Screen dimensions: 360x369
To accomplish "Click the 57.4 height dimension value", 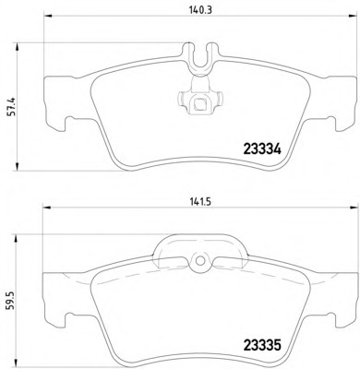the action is [x=11, y=107].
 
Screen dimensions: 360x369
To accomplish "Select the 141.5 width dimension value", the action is [x=200, y=202].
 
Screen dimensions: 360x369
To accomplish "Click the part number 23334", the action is [x=262, y=149].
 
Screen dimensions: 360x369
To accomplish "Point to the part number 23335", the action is [x=262, y=345].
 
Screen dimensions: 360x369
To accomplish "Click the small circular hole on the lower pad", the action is [x=200, y=261].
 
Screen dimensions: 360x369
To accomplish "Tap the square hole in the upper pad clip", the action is [x=200, y=104].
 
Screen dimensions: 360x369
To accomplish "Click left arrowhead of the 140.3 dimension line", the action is [x=48, y=16].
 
